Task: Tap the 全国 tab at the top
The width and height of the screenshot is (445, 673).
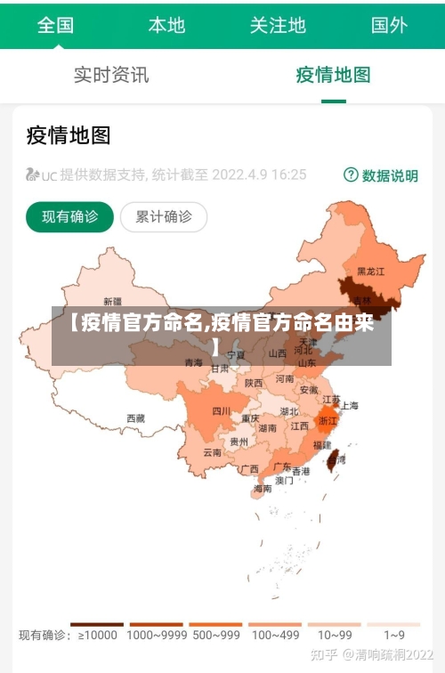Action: (55, 25)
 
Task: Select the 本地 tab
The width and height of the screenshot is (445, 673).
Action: (166, 25)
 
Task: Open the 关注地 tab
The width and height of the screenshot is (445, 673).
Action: (278, 25)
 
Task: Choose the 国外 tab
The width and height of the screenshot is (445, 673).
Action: (389, 25)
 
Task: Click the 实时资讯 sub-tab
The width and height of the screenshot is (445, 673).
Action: (111, 75)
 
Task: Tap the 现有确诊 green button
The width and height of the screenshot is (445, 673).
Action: (69, 216)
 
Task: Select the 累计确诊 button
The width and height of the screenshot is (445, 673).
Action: (163, 216)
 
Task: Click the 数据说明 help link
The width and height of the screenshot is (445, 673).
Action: (381, 175)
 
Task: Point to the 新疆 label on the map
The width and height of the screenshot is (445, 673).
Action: (113, 301)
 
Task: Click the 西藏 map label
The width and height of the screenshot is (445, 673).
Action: (135, 418)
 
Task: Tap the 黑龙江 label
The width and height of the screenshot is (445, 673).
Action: (370, 271)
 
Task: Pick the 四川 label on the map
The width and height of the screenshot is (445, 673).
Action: (222, 410)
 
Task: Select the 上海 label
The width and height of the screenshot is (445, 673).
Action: (349, 405)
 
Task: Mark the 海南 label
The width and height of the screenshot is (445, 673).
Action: (263, 489)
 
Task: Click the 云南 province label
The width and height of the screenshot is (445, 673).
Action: (213, 451)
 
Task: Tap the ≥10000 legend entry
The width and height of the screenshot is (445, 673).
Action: (97, 635)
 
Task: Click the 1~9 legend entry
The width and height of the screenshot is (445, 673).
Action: (393, 635)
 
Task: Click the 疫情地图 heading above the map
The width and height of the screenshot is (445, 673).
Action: (69, 135)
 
